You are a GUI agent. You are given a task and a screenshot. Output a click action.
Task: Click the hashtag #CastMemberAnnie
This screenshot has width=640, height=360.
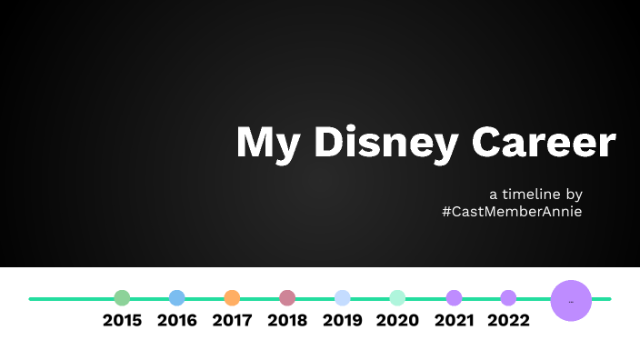[512, 211]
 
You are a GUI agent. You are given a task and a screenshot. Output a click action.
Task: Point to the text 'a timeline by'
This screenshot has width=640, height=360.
[535, 194]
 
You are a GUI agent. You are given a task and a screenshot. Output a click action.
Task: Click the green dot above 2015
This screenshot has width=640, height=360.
[122, 297]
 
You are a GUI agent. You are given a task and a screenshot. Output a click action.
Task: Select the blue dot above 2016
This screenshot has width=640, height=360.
[177, 297]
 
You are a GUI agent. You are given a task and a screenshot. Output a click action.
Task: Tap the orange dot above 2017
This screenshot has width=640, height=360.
[232, 297]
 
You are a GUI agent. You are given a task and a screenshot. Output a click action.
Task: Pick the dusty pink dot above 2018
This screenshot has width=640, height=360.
[287, 297]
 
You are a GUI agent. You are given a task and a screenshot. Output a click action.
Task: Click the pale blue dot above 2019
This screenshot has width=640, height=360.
[342, 297]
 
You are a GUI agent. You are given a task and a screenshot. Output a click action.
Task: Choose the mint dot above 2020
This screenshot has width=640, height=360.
[397, 297]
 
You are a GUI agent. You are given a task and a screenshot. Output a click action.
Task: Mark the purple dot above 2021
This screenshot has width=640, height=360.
[454, 297]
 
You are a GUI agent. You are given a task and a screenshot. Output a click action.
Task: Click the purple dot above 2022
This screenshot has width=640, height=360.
[508, 297]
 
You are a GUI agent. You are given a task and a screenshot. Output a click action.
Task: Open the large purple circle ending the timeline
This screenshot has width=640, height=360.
[571, 300]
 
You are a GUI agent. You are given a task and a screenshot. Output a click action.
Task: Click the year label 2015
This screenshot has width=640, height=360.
[122, 321]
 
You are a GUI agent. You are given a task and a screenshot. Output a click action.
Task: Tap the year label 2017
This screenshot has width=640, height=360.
[232, 321]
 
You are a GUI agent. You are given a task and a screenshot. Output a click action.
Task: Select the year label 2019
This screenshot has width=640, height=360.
[342, 321]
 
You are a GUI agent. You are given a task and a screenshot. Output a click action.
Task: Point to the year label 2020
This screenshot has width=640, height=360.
[397, 321]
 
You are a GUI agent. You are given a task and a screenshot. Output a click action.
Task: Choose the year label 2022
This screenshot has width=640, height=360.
[508, 321]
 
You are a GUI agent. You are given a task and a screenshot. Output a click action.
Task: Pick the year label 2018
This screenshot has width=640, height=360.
[287, 321]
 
